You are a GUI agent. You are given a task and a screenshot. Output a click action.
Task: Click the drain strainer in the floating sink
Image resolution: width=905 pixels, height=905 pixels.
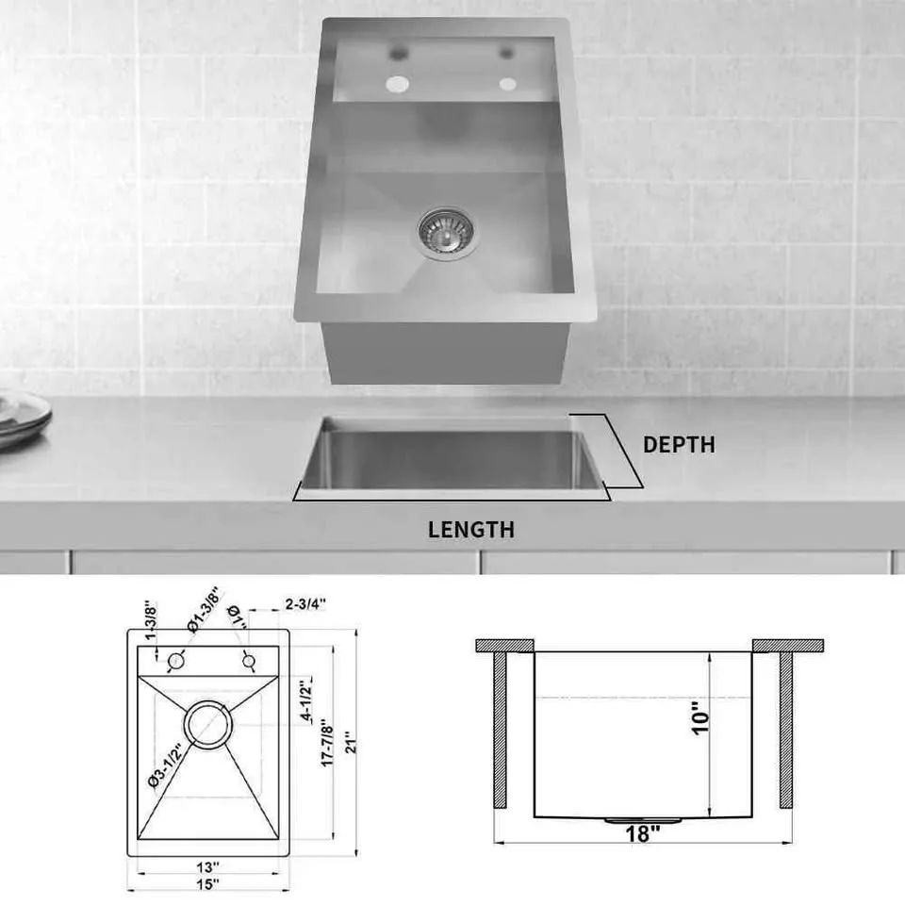tap(448, 233)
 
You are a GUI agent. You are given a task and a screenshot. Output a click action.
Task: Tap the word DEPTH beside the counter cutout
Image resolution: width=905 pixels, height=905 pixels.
tap(679, 445)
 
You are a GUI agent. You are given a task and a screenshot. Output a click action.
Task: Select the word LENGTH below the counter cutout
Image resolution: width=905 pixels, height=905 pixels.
tap(471, 530)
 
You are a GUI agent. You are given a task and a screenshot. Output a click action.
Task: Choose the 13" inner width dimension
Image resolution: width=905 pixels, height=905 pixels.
tap(208, 865)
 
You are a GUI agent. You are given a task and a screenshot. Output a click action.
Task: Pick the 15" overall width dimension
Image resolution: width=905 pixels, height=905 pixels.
tap(208, 884)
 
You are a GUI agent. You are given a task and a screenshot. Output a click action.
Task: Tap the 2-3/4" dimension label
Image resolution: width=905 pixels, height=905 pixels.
tap(305, 605)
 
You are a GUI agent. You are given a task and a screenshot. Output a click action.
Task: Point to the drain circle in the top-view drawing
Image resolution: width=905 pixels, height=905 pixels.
tap(208, 725)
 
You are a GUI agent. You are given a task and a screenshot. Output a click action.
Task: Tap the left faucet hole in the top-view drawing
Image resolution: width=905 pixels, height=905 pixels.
tap(175, 661)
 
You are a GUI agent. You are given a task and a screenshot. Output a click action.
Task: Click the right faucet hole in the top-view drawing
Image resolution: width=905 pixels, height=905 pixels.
tap(249, 661)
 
